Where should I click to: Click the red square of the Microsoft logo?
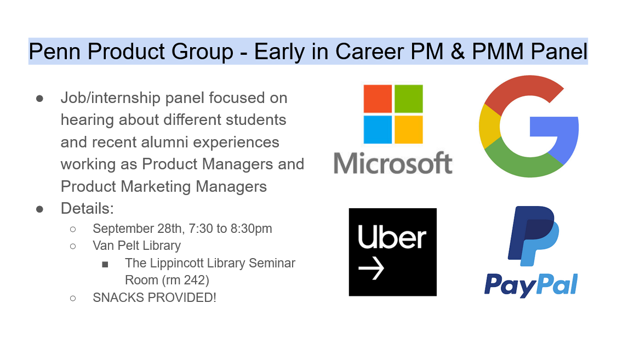click(378, 99)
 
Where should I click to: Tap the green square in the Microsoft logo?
click(409, 99)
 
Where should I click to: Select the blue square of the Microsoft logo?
click(378, 129)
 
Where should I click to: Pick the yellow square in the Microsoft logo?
click(409, 129)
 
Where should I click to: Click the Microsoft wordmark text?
click(393, 163)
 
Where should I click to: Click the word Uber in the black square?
click(392, 238)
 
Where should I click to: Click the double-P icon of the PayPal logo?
click(533, 236)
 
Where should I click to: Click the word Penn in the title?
click(53, 52)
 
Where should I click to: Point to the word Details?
click(87, 208)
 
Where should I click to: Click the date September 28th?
click(130, 228)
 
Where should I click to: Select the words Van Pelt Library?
click(136, 245)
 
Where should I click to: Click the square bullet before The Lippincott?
click(105, 264)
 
